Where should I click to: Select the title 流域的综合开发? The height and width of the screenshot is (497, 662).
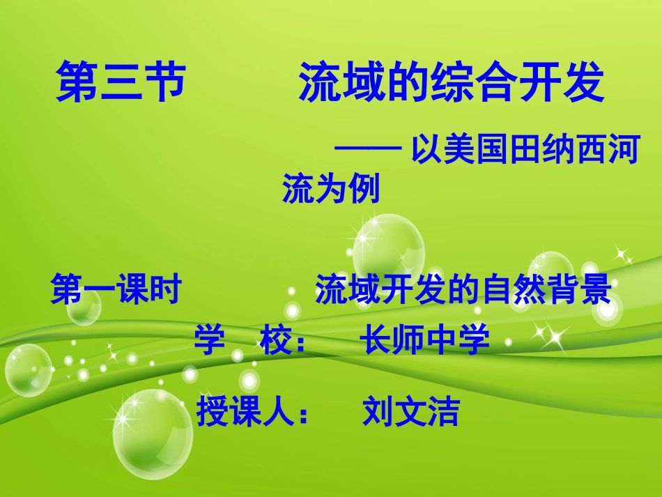[451, 83]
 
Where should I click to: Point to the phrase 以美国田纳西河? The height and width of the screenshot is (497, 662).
[525, 151]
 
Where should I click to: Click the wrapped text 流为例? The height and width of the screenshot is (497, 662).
[330, 188]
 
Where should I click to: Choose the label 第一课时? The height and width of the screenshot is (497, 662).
[116, 289]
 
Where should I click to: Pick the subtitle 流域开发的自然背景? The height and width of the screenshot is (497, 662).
[463, 289]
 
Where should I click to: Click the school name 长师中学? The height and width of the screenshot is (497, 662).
[424, 341]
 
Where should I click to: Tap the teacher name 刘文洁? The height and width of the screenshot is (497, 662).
[411, 411]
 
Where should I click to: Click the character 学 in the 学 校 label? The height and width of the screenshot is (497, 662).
[209, 341]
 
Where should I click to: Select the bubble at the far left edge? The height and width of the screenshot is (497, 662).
[28, 370]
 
